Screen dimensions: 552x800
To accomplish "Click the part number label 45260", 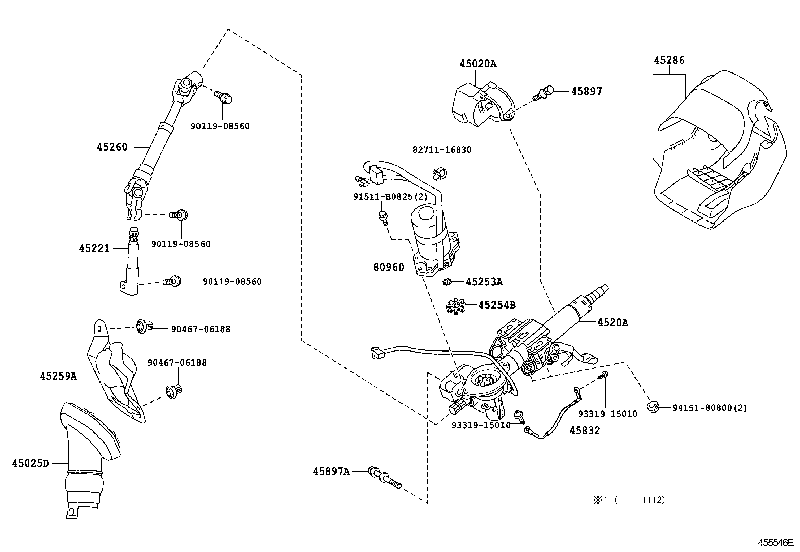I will (x=112, y=147).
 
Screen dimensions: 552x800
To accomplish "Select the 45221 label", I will (x=94, y=248).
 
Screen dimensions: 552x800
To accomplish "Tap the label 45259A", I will (x=58, y=376).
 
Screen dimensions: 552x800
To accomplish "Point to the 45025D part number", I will (x=31, y=463).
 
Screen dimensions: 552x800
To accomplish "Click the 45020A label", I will (x=477, y=64).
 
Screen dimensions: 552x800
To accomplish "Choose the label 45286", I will (x=669, y=61).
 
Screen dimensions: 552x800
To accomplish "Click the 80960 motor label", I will (x=388, y=268).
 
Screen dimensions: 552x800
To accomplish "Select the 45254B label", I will (x=496, y=305).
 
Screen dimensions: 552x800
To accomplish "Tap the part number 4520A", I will (x=613, y=323).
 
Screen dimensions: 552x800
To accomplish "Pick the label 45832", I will (x=584, y=431).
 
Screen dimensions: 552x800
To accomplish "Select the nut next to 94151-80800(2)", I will (x=653, y=407).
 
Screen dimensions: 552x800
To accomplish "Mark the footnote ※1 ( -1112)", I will (x=628, y=500).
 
